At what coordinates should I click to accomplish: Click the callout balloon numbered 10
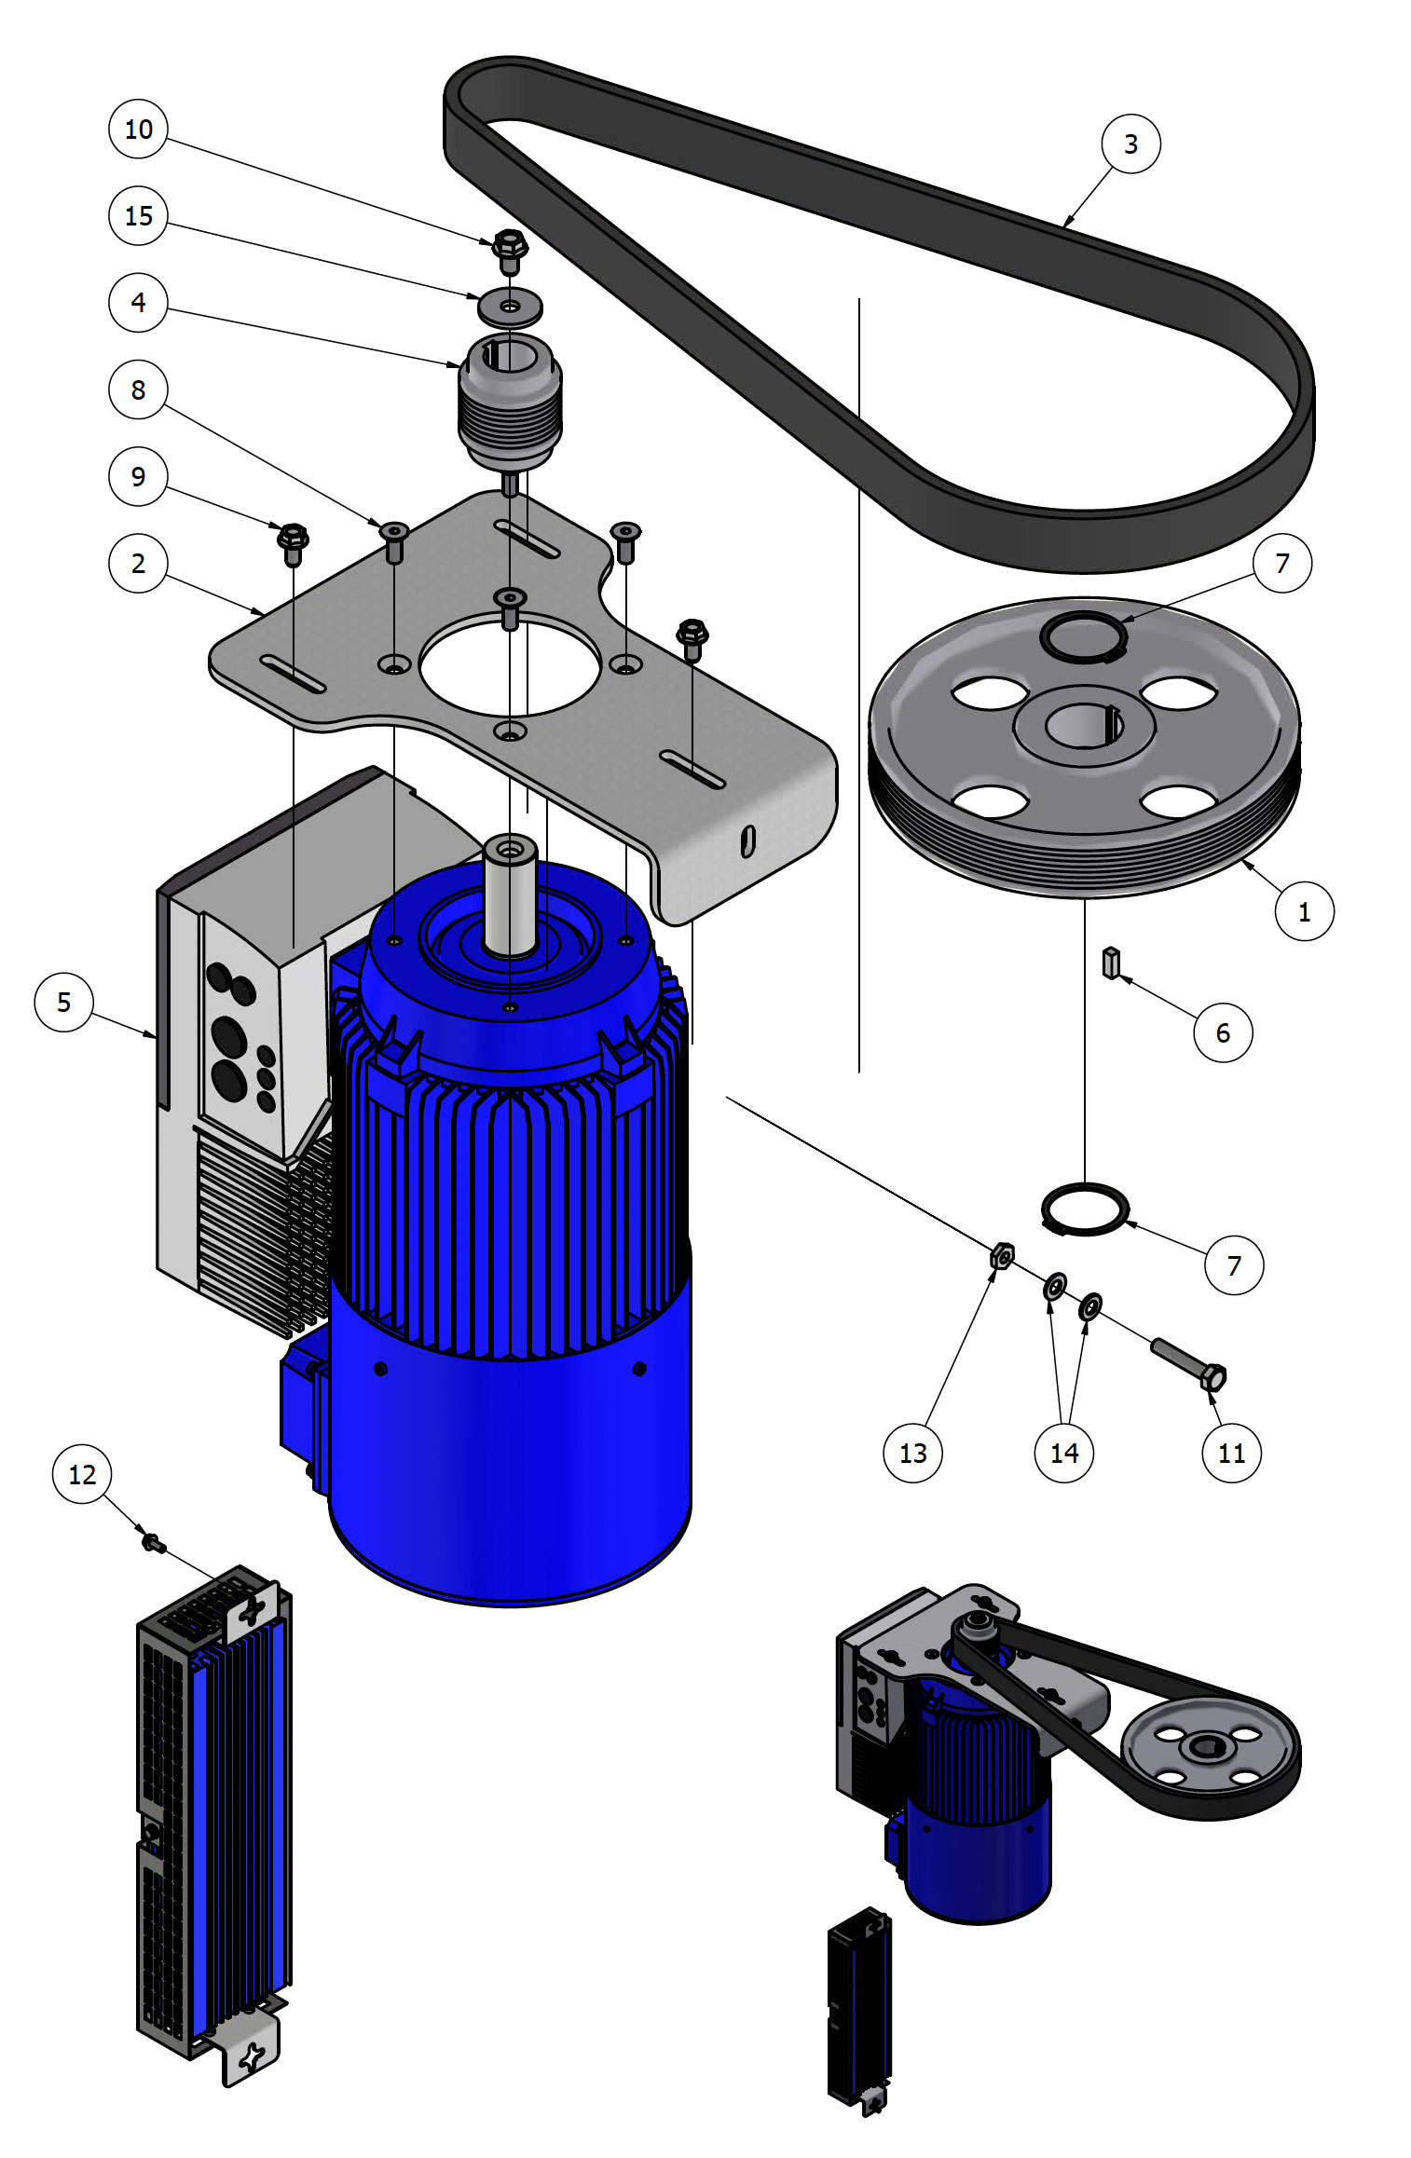click(x=138, y=129)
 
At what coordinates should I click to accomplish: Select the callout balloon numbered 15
click(x=138, y=215)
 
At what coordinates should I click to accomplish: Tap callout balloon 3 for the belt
click(x=1130, y=143)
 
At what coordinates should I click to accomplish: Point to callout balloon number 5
click(x=63, y=1002)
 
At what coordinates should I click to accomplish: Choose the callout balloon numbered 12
click(x=82, y=1473)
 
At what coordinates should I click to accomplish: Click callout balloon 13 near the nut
click(x=912, y=1453)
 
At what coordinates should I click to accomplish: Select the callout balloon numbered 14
click(x=1063, y=1453)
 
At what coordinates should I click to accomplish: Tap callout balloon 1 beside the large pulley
click(x=1303, y=911)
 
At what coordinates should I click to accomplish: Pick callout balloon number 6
click(x=1222, y=1031)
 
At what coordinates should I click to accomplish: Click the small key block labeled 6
click(x=1110, y=963)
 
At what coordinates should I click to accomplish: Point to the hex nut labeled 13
click(x=1002, y=1255)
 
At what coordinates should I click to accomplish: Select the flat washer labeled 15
click(x=510, y=306)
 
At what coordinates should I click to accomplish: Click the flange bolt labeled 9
click(x=293, y=543)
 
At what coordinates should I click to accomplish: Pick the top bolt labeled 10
click(x=509, y=250)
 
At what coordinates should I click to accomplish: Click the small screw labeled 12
click(x=153, y=1544)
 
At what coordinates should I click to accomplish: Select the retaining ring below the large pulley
click(x=1085, y=1209)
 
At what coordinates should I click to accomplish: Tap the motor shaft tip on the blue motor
click(x=510, y=849)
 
